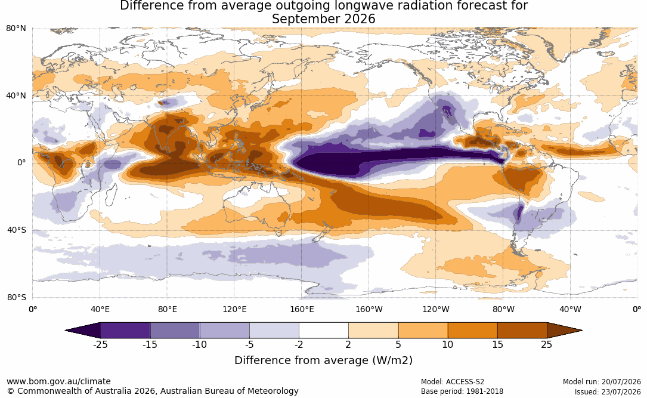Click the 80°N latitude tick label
(x=16, y=28)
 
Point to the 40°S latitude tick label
(x=16, y=230)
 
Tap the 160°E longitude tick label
(x=302, y=309)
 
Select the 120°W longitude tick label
(x=436, y=309)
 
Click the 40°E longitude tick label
(x=100, y=309)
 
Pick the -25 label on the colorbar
(x=100, y=344)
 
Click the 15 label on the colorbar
(x=497, y=344)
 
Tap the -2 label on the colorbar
(x=299, y=344)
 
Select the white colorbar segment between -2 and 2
(x=324, y=331)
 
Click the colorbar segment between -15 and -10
(x=175, y=331)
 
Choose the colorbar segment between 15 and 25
(x=522, y=331)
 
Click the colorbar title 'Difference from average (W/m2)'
(x=323, y=360)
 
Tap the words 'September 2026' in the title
(x=323, y=19)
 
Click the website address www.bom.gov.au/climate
(x=58, y=381)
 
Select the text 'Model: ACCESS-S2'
(x=453, y=382)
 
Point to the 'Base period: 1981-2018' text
(x=462, y=391)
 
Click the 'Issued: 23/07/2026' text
(x=608, y=391)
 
